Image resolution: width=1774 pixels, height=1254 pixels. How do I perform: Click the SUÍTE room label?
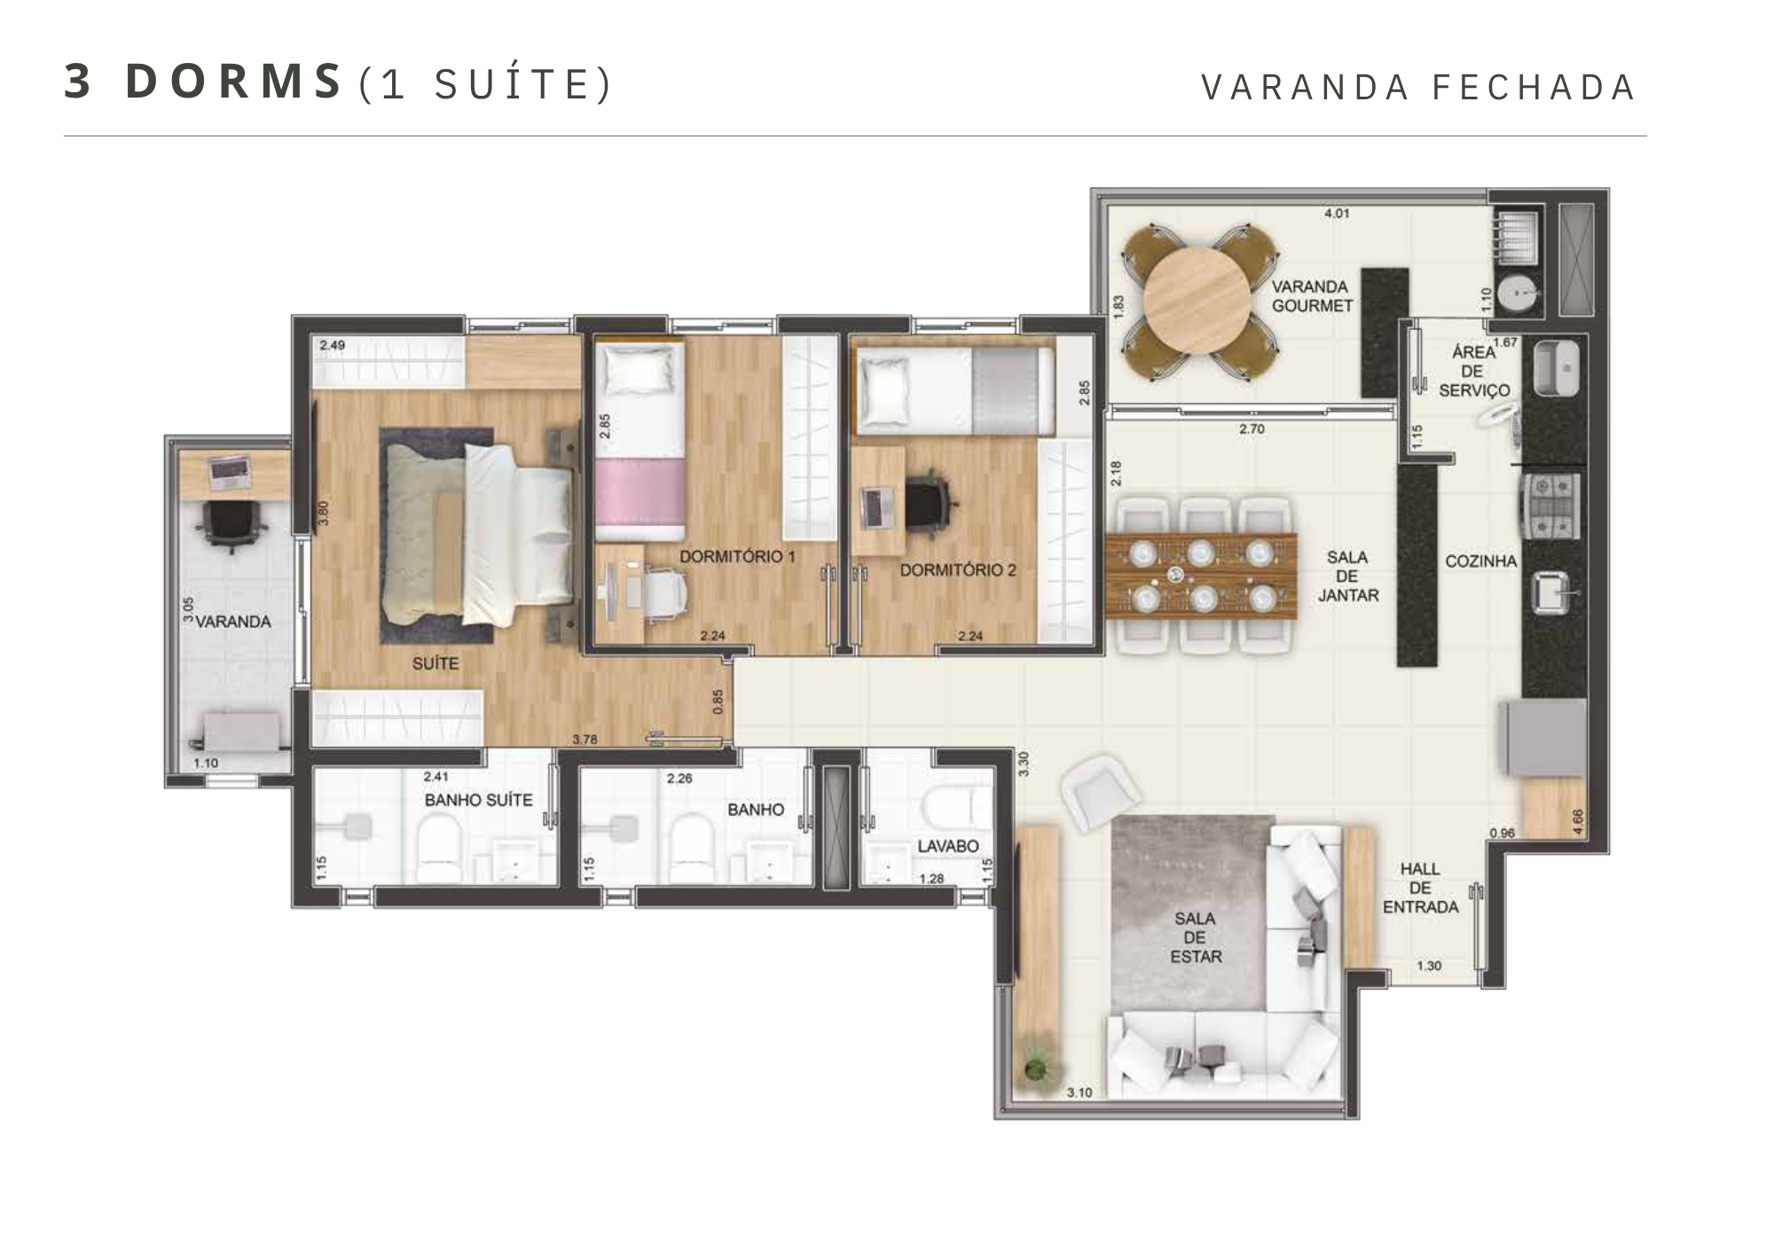[436, 663]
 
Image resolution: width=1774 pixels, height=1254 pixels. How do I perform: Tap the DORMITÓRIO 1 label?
[738, 557]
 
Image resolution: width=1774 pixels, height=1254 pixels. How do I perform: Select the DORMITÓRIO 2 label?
[958, 570]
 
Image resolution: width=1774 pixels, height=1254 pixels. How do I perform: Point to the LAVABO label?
[948, 846]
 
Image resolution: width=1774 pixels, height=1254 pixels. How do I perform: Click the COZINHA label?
[1480, 561]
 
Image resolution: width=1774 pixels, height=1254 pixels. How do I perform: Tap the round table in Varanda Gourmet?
[1197, 302]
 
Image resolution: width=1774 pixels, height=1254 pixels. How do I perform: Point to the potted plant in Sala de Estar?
[1035, 1068]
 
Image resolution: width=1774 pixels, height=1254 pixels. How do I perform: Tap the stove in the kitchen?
[1551, 506]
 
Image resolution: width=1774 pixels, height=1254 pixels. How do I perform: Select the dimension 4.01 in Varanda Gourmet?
[1337, 214]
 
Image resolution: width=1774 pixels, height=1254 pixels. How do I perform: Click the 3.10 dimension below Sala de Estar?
[1079, 1093]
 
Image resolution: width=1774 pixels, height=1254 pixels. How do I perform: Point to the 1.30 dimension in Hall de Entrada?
[1429, 966]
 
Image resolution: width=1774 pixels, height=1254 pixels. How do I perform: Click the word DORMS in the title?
[234, 81]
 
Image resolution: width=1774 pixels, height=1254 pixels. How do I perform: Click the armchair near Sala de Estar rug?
[1100, 792]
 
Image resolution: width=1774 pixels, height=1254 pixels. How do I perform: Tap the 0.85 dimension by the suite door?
[718, 701]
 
